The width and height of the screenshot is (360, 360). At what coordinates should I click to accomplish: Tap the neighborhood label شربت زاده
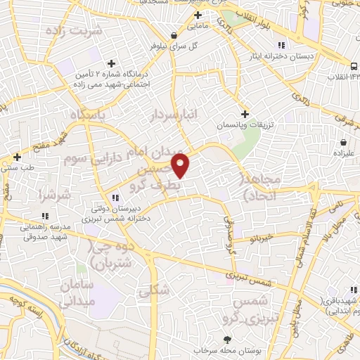[x=73, y=31]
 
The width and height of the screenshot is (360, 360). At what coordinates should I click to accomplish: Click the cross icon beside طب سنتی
[x=17, y=157]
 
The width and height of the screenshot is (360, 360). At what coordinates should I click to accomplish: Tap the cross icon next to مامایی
[x=198, y=15]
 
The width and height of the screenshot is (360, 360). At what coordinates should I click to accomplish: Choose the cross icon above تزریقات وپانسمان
[x=245, y=114]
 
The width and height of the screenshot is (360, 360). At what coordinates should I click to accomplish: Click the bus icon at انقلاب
[x=354, y=66]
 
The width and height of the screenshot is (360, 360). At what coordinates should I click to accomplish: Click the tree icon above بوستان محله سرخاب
[x=226, y=340]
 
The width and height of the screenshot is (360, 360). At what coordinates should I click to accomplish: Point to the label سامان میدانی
[x=77, y=295]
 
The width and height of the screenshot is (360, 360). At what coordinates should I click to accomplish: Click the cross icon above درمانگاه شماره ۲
[x=111, y=64]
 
